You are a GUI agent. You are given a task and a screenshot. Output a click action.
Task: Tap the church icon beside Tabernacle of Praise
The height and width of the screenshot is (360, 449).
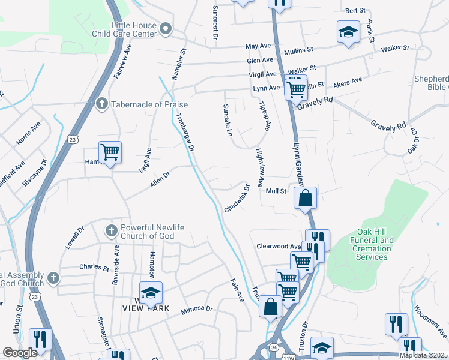tap(101, 104)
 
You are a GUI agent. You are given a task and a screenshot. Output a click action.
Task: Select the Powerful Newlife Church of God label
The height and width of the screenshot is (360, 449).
tap(147, 232)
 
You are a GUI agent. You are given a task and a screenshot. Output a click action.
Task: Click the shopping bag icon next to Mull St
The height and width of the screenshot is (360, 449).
tap(305, 197)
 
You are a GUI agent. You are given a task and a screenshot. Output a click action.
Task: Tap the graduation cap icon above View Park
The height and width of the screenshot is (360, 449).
tap(151, 292)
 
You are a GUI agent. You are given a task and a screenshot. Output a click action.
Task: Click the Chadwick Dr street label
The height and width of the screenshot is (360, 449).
tap(237, 198)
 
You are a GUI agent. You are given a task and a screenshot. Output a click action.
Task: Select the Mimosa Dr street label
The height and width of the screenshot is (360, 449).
tap(197, 309)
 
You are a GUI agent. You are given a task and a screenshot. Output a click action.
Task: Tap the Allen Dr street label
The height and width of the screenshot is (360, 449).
tap(160, 179)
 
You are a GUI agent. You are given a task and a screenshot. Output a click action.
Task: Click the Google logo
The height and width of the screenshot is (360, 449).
tap(20, 353)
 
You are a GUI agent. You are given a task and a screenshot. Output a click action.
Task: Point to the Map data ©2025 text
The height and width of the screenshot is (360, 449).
tap(423, 355)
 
